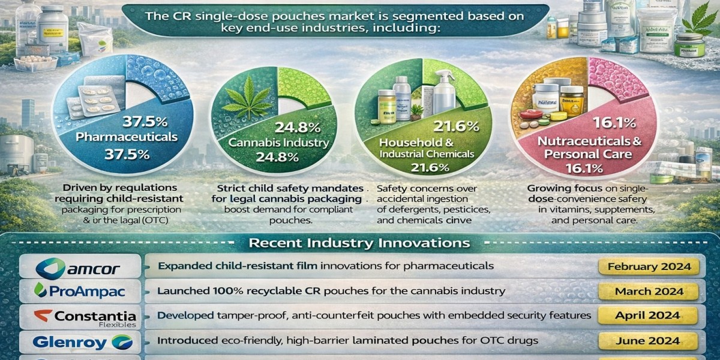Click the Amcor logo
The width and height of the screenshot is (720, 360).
point(80,266)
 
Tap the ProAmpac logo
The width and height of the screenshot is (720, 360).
point(80,291)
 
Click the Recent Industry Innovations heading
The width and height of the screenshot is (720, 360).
point(359,243)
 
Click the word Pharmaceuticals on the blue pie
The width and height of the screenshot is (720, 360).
point(127,137)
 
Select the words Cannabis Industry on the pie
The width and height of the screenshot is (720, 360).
point(278,143)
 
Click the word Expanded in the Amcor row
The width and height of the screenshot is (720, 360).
point(181,265)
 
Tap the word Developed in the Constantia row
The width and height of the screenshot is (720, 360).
point(184,315)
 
